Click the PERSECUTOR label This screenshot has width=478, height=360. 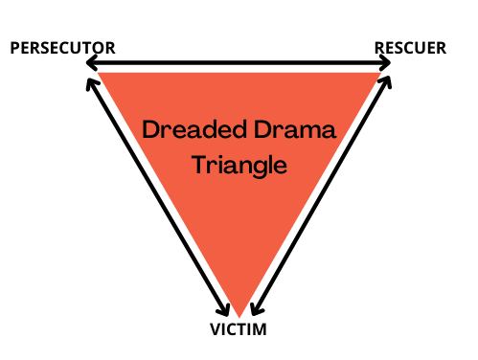pos(62,47)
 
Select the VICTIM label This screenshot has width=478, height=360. pos(237,330)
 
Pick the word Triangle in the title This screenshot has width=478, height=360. pos(239,164)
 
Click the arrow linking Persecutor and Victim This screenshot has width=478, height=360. pos(157,196)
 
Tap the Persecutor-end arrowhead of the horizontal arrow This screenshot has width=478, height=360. pos(89,63)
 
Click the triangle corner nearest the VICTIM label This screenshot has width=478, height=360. pos(239,314)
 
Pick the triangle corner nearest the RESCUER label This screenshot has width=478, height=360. pos(380,74)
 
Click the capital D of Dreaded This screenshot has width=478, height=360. pos(150,129)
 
